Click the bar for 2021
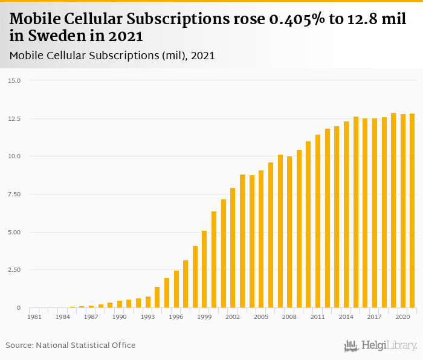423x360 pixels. point(412,211)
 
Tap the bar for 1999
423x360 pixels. point(204,269)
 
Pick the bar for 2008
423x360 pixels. point(289,232)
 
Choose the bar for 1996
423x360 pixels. point(176,289)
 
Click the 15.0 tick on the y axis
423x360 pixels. point(15,80)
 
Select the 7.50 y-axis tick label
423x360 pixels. point(15,194)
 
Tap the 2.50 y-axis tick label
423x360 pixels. point(15,270)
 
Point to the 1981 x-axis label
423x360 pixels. point(34,317)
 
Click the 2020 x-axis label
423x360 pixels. point(403,317)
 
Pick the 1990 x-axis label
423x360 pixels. point(119,317)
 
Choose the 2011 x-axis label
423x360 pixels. point(318,317)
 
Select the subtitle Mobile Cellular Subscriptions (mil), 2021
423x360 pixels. point(112,56)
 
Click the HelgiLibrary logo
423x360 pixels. point(381,346)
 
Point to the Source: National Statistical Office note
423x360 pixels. point(71,346)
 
